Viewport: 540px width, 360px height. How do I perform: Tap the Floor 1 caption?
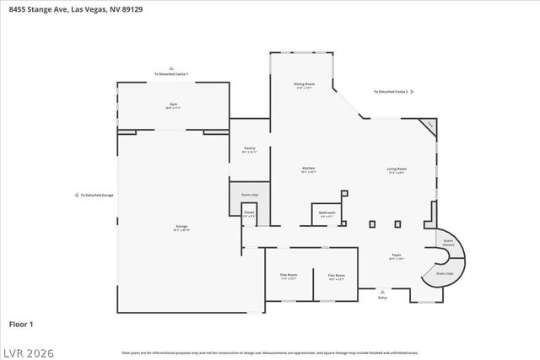point(21,323)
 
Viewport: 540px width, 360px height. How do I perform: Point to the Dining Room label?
point(305,84)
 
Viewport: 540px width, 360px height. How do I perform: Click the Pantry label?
point(250,148)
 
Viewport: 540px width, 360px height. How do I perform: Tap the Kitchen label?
point(308,169)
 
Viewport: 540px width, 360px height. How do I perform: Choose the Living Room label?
point(396,169)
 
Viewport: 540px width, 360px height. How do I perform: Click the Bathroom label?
point(327,212)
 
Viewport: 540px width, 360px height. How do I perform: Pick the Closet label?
point(249,214)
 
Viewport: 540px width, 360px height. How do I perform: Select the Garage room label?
point(181,226)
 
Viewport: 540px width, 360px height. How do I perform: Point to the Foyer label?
point(395,255)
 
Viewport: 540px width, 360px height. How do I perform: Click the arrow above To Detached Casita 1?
point(171,67)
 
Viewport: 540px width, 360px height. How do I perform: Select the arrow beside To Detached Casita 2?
point(412,91)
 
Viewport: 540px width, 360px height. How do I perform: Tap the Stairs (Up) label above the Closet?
point(250,195)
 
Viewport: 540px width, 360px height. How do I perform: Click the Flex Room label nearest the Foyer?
point(336,275)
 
